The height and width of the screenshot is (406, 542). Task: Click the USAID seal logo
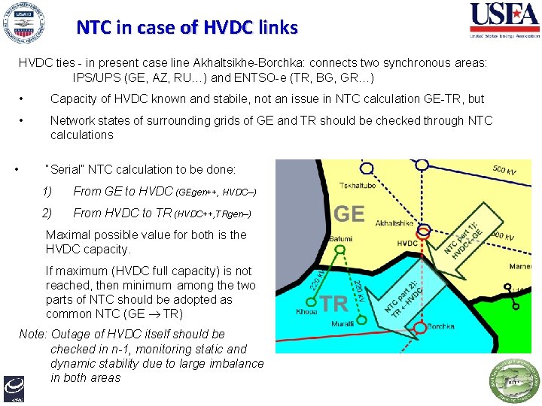(24, 24)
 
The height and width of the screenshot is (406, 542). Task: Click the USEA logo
(504, 20)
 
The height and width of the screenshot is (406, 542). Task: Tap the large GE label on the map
(349, 214)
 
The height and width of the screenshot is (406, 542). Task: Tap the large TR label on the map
(335, 303)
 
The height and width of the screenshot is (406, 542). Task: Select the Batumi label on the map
(340, 239)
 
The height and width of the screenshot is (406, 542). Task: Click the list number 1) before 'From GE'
(47, 192)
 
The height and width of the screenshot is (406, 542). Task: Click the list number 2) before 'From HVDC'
(47, 214)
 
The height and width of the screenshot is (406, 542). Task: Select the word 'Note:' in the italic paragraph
(32, 334)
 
